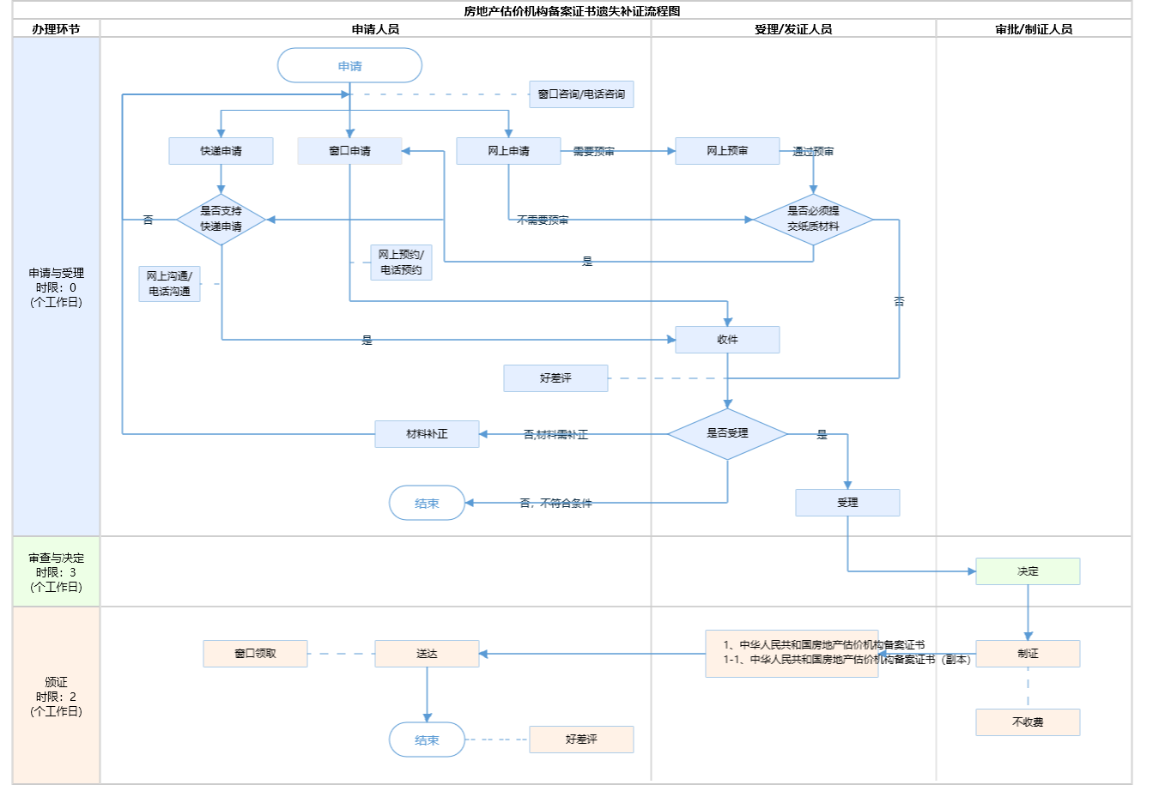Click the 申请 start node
349,66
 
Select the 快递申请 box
221,151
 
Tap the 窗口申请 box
349,151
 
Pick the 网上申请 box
508,151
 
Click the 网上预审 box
727,151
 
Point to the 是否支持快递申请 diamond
221,219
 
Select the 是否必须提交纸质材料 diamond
813,219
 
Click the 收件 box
727,340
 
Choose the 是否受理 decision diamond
727,433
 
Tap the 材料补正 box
427,434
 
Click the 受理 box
847,503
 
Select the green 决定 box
1028,571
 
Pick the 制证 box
1028,654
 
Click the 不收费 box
1028,722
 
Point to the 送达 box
427,654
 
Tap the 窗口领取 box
255,654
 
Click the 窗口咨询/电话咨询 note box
581,94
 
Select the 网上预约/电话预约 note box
401,263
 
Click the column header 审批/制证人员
1034,29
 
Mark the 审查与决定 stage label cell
56,572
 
